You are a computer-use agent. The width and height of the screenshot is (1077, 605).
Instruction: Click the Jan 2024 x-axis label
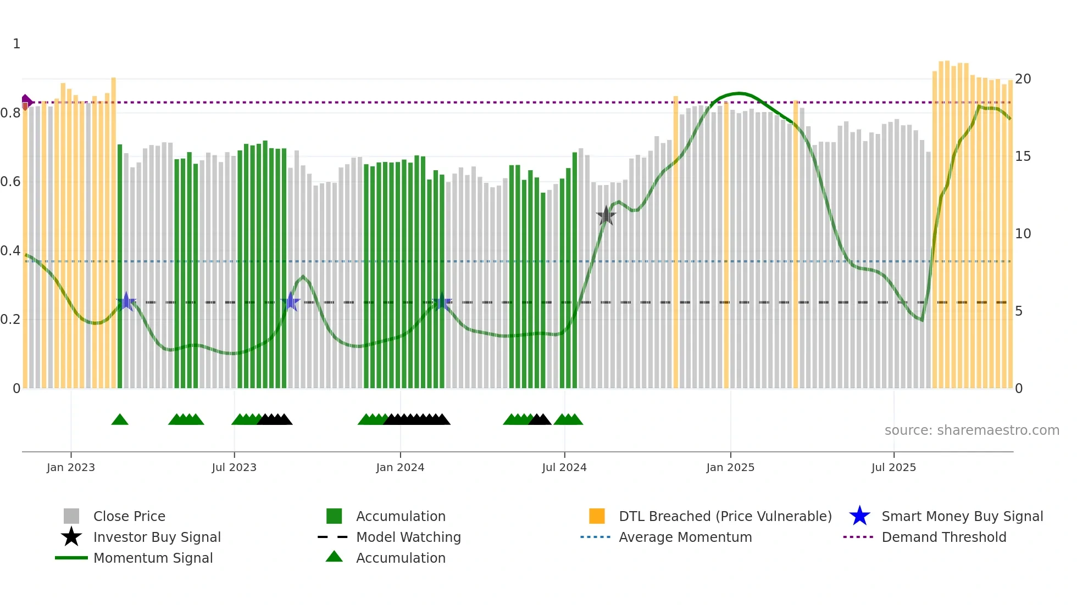pyautogui.click(x=400, y=467)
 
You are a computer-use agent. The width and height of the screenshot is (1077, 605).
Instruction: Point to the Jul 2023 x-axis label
pyautogui.click(x=234, y=467)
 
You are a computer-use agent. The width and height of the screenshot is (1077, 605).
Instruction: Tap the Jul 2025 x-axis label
pyautogui.click(x=893, y=467)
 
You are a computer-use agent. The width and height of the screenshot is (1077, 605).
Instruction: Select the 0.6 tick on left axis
pyautogui.click(x=10, y=182)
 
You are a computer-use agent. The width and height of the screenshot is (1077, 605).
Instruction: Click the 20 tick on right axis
pyautogui.click(x=1023, y=79)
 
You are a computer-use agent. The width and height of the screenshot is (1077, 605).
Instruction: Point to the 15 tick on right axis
pyautogui.click(x=1023, y=156)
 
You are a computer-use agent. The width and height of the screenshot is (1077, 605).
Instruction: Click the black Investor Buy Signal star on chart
pyautogui.click(x=606, y=216)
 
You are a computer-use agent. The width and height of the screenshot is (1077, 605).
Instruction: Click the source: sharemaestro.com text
pyautogui.click(x=971, y=430)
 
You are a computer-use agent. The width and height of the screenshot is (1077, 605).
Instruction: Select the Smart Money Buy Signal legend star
pyautogui.click(x=859, y=516)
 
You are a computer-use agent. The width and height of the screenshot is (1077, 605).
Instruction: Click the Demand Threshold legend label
pyautogui.click(x=943, y=537)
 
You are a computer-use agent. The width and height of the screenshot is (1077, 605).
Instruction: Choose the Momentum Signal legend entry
pyautogui.click(x=153, y=558)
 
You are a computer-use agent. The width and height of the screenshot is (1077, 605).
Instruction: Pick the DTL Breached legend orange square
pyautogui.click(x=597, y=516)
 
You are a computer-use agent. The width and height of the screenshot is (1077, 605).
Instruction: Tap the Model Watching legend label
pyautogui.click(x=408, y=537)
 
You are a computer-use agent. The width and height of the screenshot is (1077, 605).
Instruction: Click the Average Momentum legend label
pyautogui.click(x=685, y=537)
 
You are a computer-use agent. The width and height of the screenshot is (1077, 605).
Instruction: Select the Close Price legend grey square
pyautogui.click(x=71, y=516)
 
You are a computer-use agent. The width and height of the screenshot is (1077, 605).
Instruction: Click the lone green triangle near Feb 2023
pyautogui.click(x=120, y=420)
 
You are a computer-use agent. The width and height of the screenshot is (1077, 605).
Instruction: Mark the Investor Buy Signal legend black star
pyautogui.click(x=71, y=537)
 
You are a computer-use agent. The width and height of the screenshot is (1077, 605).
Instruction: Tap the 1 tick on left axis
pyautogui.click(x=16, y=44)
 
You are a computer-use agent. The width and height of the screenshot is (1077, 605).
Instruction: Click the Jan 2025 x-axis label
pyautogui.click(x=730, y=467)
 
